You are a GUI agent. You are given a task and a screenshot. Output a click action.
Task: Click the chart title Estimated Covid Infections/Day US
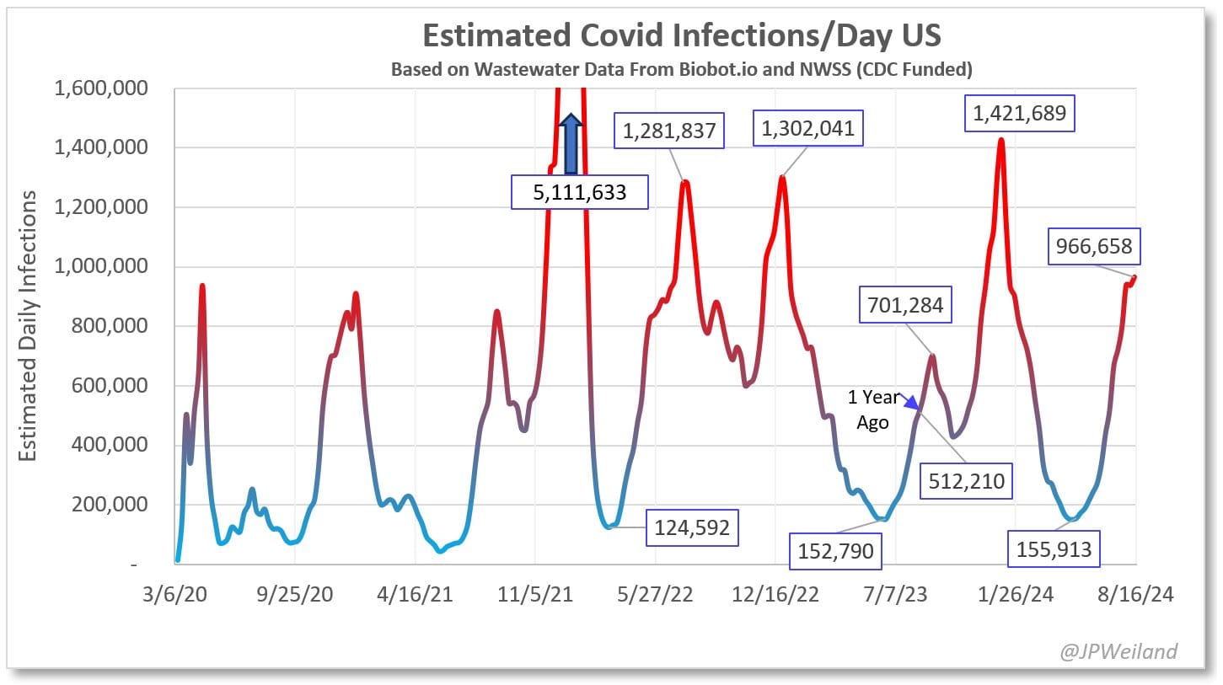(x=681, y=35)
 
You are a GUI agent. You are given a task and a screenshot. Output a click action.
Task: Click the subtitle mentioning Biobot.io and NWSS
(x=681, y=69)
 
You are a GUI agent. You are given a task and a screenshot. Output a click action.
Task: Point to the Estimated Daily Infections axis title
(x=28, y=326)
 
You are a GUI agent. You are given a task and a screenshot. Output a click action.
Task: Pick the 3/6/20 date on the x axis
(x=176, y=594)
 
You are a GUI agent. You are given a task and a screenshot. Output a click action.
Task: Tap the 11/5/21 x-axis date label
(x=535, y=594)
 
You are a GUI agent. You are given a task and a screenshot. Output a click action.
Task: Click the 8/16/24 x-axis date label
(x=1134, y=594)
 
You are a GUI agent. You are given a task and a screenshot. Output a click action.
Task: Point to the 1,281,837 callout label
(x=670, y=131)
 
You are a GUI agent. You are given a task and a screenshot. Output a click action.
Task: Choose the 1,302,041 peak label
(x=808, y=128)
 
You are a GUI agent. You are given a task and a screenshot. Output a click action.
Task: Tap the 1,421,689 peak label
(x=1020, y=114)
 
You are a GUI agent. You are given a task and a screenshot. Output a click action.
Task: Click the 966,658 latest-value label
(x=1094, y=247)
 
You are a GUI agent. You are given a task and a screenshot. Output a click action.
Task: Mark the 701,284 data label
(x=905, y=305)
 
